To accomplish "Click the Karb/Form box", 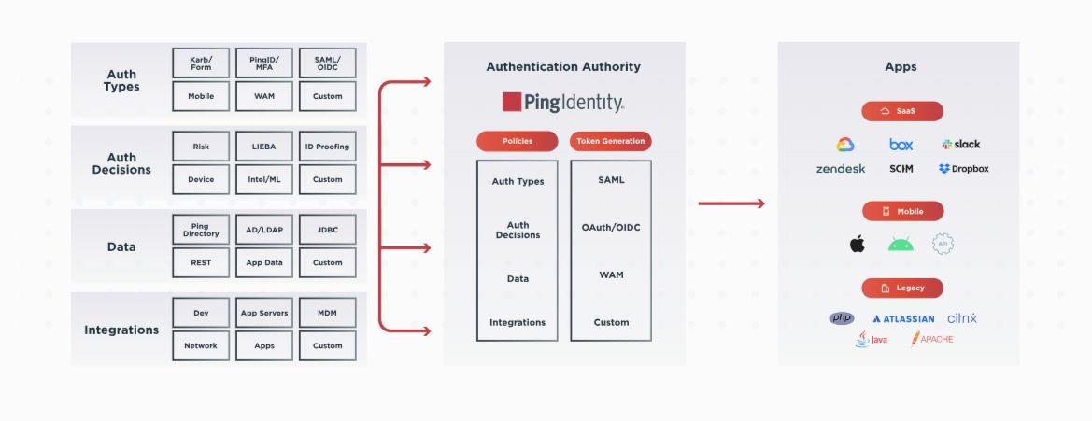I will tap(201, 63).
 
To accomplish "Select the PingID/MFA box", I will tap(264, 63).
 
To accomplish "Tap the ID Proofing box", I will tap(328, 147).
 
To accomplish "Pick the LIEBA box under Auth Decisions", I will tap(264, 147).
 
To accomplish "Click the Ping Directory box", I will tap(201, 230).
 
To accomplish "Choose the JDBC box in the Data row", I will tap(328, 230).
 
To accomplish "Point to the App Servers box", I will tap(264, 313).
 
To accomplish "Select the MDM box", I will tap(328, 313).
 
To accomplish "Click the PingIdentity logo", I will tap(563, 102).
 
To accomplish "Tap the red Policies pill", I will tap(517, 141).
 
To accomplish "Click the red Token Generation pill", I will tap(611, 141).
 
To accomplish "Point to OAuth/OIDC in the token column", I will tap(611, 227).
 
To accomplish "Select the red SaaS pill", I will tap(902, 111).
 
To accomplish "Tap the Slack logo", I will tap(961, 145).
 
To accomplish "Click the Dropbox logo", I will tap(963, 169).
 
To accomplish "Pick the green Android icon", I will tap(901, 245).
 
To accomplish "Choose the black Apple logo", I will tap(857, 245).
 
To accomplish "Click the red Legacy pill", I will tap(902, 288).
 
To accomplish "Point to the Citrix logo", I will tap(962, 318).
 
